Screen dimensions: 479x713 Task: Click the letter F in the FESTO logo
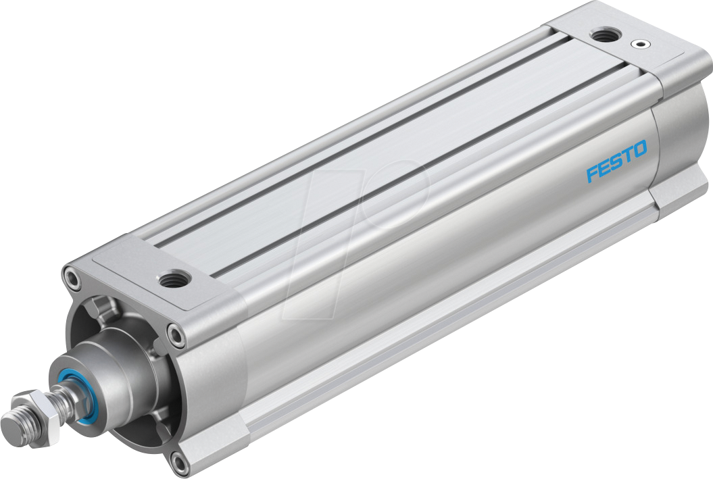click(x=593, y=173)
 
